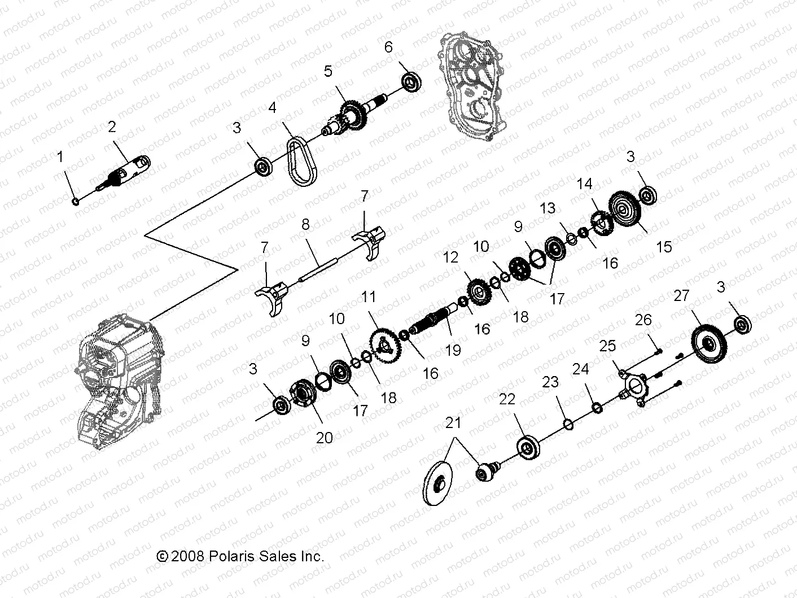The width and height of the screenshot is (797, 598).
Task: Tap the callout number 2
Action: (x=112, y=127)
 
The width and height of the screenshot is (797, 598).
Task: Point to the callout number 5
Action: (x=329, y=71)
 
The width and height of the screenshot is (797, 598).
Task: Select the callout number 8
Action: (x=305, y=224)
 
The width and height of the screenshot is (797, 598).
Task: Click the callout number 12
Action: (x=450, y=257)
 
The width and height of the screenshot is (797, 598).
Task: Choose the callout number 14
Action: (x=585, y=184)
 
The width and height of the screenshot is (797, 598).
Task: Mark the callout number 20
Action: (x=325, y=438)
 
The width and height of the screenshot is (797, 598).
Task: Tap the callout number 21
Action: (x=453, y=423)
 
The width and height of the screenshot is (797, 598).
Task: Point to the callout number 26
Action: (x=643, y=320)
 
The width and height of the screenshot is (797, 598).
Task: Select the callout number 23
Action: (x=550, y=382)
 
